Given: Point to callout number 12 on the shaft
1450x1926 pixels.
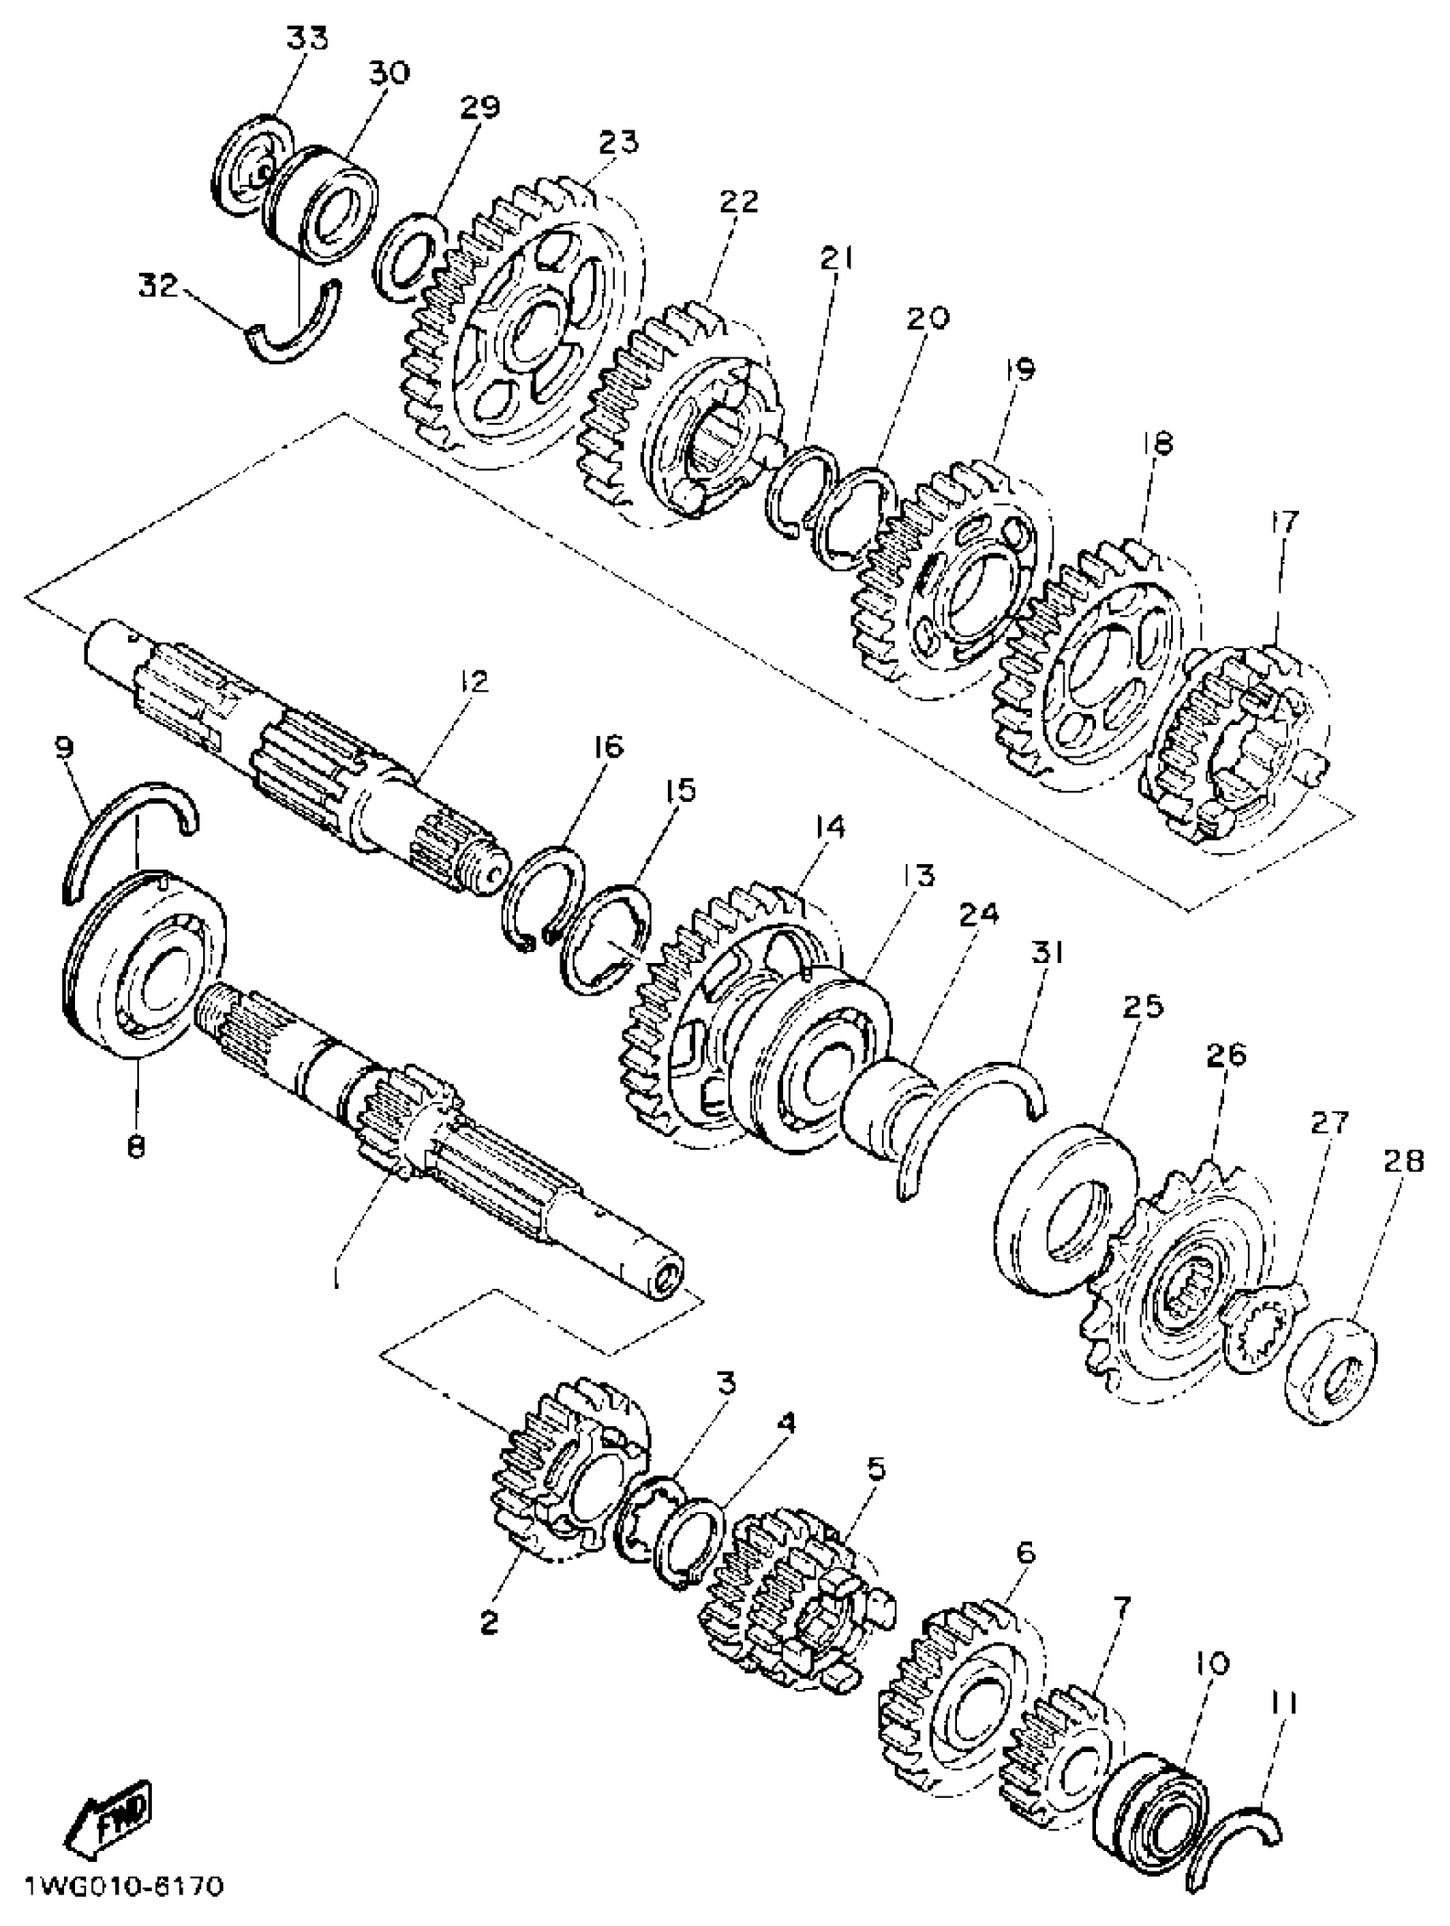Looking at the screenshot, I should [x=474, y=682].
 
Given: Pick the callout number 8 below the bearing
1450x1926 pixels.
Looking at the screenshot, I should [x=135, y=1147].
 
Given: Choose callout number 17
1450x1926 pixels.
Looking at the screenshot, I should [x=1284, y=522].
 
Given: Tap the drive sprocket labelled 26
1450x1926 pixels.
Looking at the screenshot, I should [x=1175, y=1280].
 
